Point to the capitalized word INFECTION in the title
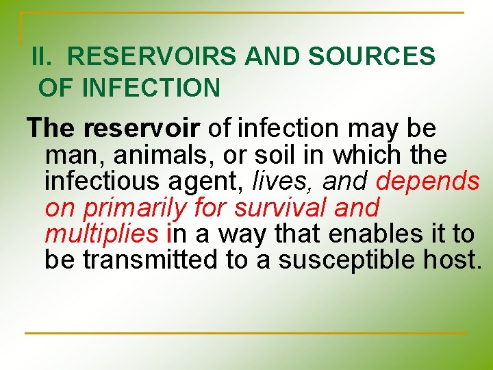pyautogui.click(x=151, y=88)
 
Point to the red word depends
pyautogui.click(x=427, y=182)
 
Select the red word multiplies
pyautogui.click(x=101, y=234)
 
